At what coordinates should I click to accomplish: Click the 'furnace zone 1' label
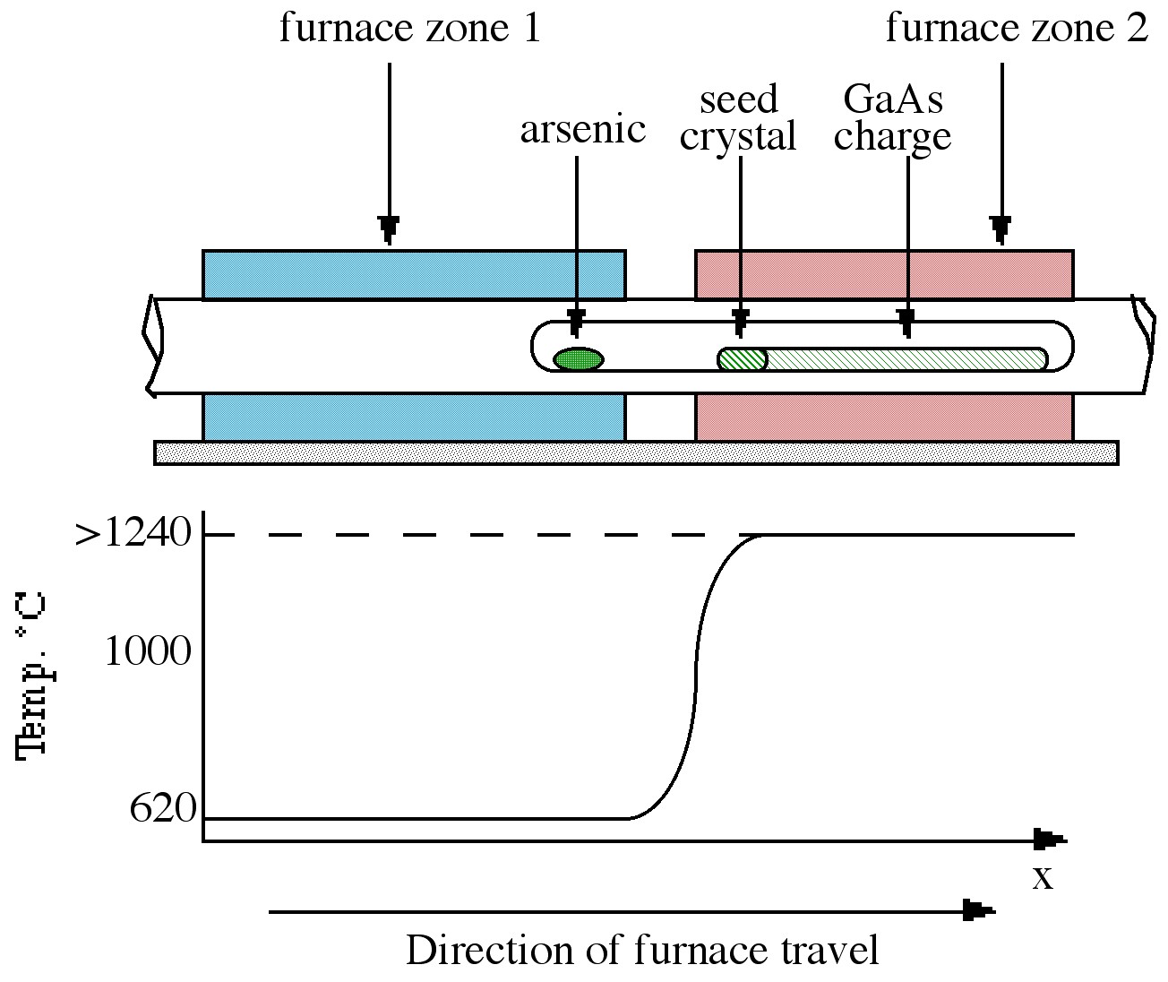(x=410, y=29)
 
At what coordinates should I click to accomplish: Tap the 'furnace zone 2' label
(x=1016, y=29)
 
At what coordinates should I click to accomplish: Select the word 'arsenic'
(x=582, y=130)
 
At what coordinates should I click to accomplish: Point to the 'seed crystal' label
(x=738, y=118)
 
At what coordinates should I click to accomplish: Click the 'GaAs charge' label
(x=892, y=118)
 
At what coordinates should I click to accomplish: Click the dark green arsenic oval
(x=578, y=359)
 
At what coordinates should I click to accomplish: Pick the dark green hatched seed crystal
(x=743, y=359)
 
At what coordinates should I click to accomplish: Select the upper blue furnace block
(x=414, y=274)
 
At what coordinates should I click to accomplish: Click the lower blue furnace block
(x=414, y=418)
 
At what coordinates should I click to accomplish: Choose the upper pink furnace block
(x=884, y=274)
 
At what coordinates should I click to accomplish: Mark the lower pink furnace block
(x=884, y=418)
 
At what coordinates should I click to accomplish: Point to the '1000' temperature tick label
(x=148, y=651)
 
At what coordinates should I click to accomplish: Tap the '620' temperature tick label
(x=162, y=809)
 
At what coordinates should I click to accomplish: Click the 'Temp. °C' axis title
(x=31, y=676)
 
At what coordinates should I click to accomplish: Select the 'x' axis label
(x=1042, y=878)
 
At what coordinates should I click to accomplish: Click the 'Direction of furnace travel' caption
(x=642, y=950)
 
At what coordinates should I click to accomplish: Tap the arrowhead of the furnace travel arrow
(x=979, y=912)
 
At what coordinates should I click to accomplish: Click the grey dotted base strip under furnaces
(x=636, y=452)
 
